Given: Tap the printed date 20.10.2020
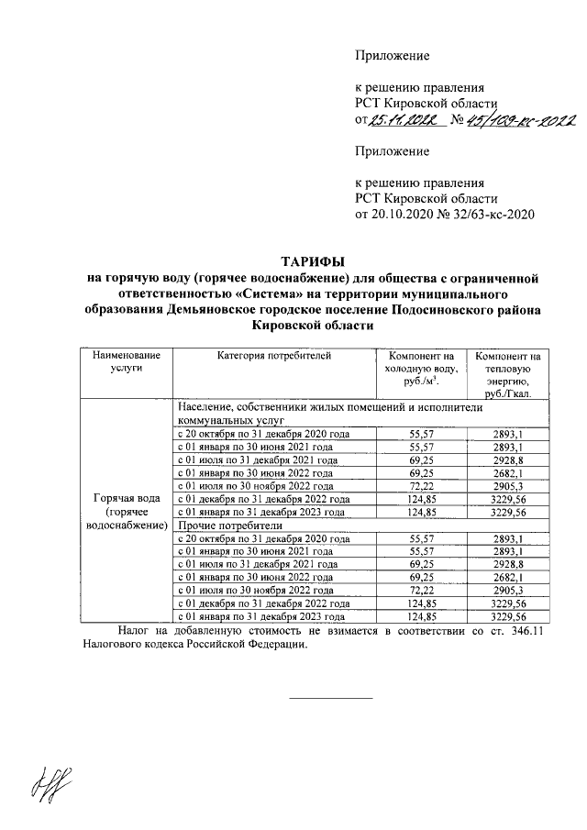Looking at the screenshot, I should (x=395, y=215).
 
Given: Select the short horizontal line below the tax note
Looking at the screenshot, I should (x=330, y=699).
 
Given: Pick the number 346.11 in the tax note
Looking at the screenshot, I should (x=523, y=631).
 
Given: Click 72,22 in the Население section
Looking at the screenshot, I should (x=422, y=486).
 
